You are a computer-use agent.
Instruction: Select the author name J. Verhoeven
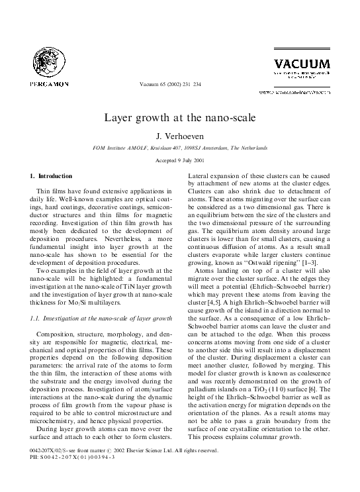point(180,136)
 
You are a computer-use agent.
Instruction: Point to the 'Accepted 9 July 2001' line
point(180,161)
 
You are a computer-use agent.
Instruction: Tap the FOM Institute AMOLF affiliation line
point(179,148)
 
